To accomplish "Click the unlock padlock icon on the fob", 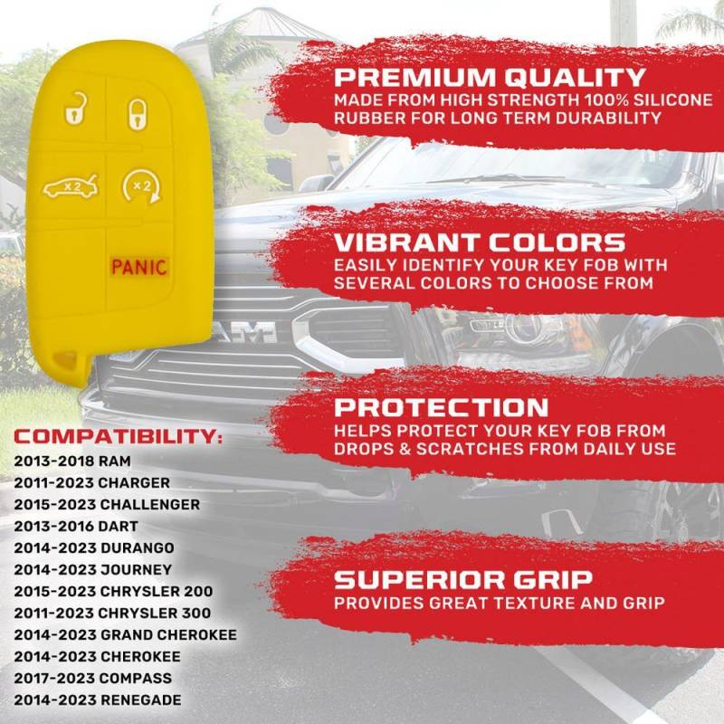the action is tap(76, 109).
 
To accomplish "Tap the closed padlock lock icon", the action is tap(138, 113).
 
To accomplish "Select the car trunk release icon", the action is tap(71, 186).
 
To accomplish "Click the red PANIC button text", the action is tap(138, 267).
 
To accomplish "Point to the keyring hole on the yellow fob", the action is tap(64, 359).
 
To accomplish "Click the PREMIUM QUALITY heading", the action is tap(490, 77).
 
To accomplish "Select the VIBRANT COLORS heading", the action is tap(480, 243).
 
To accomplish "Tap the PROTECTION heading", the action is tap(441, 407).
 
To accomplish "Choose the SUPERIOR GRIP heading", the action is tap(462, 579).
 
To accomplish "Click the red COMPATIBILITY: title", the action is tap(118, 436).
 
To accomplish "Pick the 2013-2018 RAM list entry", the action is tap(72, 461).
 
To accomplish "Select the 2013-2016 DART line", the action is tap(76, 526).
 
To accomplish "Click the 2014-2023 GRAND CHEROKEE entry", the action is tap(125, 634).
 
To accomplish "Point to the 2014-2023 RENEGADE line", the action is tap(98, 700).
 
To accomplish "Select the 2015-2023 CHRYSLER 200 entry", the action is tap(113, 591).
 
